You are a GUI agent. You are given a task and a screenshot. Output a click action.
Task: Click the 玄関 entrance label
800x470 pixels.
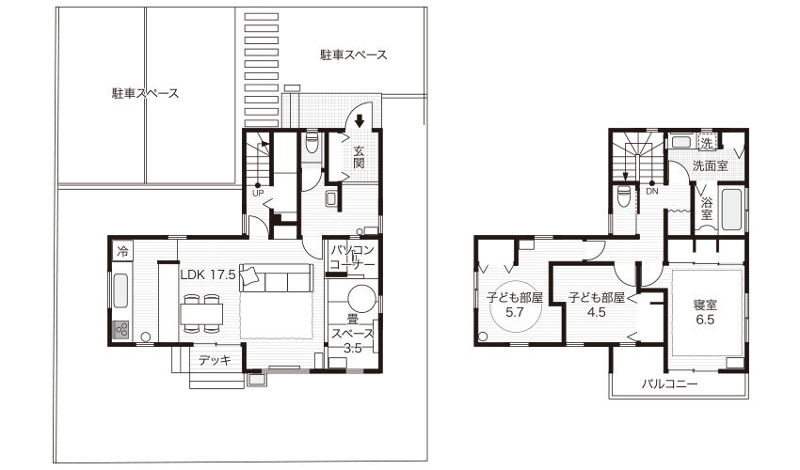pyautogui.click(x=359, y=157)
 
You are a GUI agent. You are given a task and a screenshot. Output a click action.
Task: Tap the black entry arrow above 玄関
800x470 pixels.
pyautogui.click(x=360, y=121)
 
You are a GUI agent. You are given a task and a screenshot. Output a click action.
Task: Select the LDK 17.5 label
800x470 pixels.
pyautogui.click(x=208, y=274)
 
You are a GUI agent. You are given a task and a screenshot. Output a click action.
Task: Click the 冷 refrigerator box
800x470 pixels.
pyautogui.click(x=122, y=251)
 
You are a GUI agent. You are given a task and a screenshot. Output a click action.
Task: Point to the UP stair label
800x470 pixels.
pyautogui.click(x=258, y=194)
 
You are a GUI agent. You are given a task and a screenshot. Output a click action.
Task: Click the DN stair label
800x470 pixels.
pyautogui.click(x=652, y=192)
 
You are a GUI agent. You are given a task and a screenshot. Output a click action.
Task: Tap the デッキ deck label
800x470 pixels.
pyautogui.click(x=215, y=360)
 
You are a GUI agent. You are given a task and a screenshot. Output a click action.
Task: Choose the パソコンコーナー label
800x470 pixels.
pyautogui.click(x=353, y=258)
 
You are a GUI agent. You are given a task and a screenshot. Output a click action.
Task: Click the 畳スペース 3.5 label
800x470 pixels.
pyautogui.click(x=353, y=334)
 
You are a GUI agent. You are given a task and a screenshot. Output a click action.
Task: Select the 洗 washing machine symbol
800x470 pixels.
pyautogui.click(x=707, y=143)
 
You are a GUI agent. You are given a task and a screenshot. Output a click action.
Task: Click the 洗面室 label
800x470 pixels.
pyautogui.click(x=710, y=165)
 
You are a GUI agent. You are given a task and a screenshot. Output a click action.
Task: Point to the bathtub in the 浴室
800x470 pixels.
pyautogui.click(x=731, y=210)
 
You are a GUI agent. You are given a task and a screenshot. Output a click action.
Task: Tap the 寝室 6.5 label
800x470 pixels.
pyautogui.click(x=705, y=312)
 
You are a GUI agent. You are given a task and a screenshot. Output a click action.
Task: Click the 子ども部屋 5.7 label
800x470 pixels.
pyautogui.click(x=514, y=305)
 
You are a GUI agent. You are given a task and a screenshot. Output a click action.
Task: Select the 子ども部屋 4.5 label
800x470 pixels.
pyautogui.click(x=597, y=305)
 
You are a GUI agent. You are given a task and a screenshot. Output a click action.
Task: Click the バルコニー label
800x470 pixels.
pyautogui.click(x=670, y=384)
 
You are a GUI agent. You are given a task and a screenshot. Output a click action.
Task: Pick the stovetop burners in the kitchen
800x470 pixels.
pyautogui.click(x=120, y=330)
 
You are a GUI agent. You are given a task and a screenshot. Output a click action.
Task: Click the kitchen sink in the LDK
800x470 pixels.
pyautogui.click(x=120, y=290)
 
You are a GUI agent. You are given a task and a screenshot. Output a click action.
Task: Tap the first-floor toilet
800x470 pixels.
pyautogui.click(x=311, y=143)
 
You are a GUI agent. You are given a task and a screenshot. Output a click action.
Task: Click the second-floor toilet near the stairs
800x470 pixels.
pyautogui.click(x=623, y=196)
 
